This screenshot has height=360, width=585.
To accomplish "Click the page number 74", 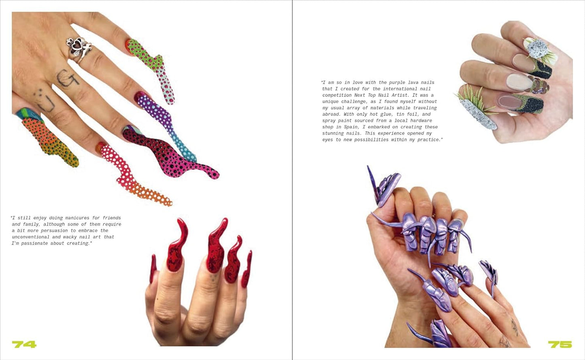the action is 24,344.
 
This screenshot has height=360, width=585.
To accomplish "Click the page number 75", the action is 560,344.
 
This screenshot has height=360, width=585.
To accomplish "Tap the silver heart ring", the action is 79,49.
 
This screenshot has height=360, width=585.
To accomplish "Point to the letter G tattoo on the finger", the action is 67,78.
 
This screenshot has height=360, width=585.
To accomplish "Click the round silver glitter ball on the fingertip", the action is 537,49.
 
